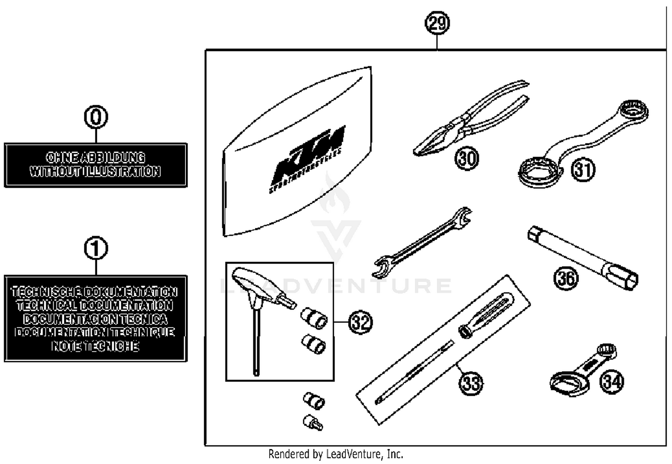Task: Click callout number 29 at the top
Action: coord(437,23)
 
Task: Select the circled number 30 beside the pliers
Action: coord(467,158)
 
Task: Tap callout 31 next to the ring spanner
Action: coord(583,170)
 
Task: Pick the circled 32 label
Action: coord(360,322)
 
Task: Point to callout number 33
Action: coord(471,383)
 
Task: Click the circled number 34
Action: coord(612,382)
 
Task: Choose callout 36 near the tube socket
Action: coord(565,278)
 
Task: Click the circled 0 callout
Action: coord(96,117)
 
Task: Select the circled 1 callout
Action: coord(96,249)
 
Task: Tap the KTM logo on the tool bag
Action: coord(309,157)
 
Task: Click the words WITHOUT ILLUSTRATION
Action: coord(95,172)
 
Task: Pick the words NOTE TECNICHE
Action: coord(95,346)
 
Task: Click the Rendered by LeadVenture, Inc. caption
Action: coord(336,454)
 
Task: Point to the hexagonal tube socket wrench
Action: coord(582,258)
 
